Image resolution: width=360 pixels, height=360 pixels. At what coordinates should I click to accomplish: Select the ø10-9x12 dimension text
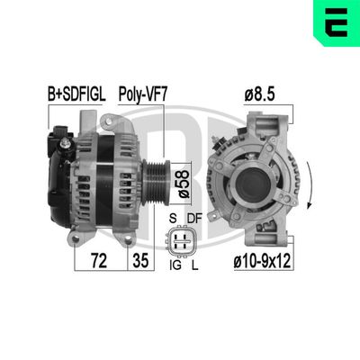click(x=262, y=262)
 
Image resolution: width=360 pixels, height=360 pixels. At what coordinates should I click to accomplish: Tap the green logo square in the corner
click(x=337, y=22)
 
